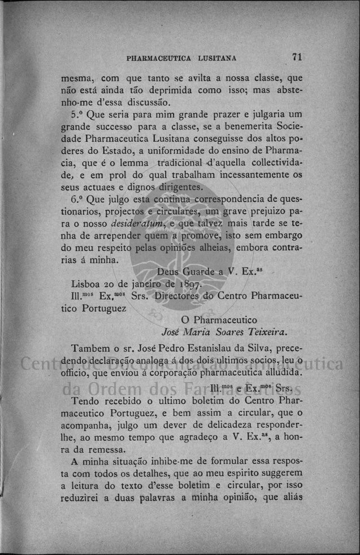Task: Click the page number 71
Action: click(x=298, y=57)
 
